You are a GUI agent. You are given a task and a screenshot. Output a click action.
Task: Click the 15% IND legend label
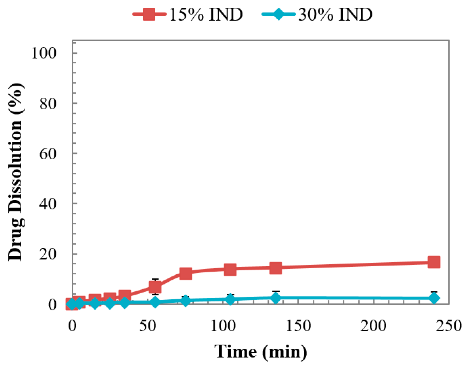click(206, 14)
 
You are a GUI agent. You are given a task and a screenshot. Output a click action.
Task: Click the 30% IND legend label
click(335, 14)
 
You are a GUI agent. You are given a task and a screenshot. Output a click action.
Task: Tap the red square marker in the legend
click(149, 14)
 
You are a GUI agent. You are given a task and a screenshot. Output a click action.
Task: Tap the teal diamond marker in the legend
click(279, 14)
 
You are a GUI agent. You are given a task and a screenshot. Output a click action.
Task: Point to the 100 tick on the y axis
click(44, 53)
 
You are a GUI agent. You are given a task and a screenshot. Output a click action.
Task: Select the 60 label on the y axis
click(48, 154)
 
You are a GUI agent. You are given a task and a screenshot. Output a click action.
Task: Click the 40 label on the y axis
click(48, 204)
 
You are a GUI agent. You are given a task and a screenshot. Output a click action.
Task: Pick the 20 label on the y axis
click(48, 254)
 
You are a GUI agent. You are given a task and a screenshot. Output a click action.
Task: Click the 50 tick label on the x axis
click(147, 326)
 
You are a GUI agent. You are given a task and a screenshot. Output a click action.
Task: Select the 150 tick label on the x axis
click(298, 326)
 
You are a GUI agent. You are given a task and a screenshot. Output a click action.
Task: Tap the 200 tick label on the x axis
click(374, 326)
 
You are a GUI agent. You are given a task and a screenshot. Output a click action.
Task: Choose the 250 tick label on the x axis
click(448, 326)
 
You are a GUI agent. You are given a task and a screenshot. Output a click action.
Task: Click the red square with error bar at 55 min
click(155, 287)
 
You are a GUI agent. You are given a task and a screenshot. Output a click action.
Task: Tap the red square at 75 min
click(185, 273)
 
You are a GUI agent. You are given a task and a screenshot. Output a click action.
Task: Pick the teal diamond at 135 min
click(275, 298)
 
